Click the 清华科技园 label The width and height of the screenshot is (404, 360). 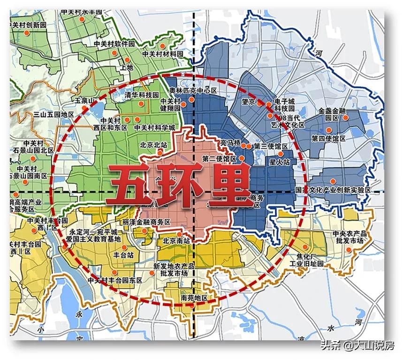(x=142, y=95)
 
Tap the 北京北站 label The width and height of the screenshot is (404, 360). (x=153, y=145)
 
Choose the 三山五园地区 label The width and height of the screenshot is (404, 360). (x=54, y=115)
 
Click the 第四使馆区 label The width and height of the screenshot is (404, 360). (x=328, y=139)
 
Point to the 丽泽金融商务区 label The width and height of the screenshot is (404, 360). (x=145, y=222)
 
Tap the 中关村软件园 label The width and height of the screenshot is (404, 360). (x=114, y=43)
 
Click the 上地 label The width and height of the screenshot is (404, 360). (x=127, y=68)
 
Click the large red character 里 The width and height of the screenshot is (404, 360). (x=229, y=185)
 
